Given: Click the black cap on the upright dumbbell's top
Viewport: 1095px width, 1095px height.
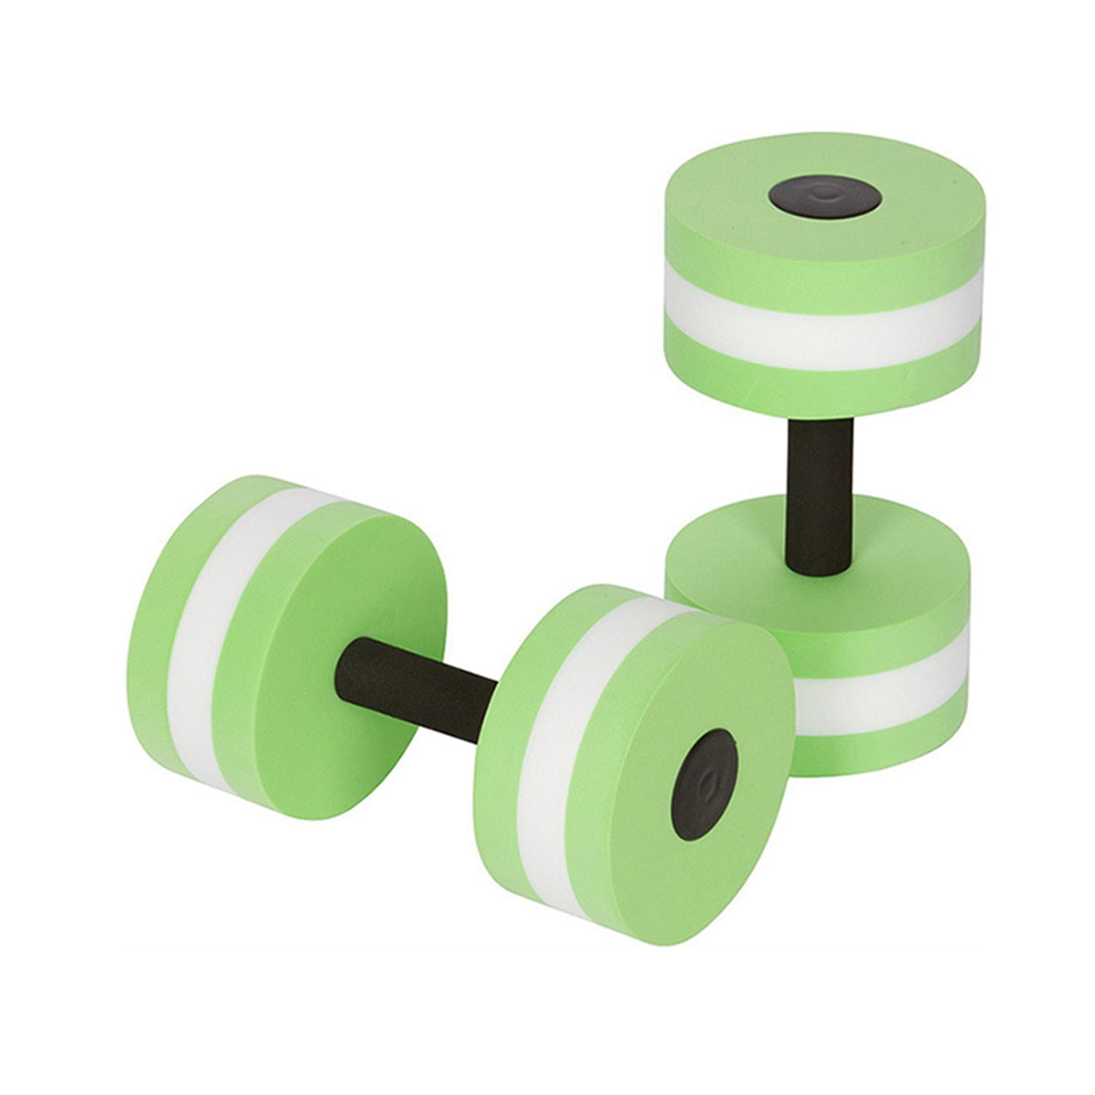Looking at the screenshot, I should click(824, 196).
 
